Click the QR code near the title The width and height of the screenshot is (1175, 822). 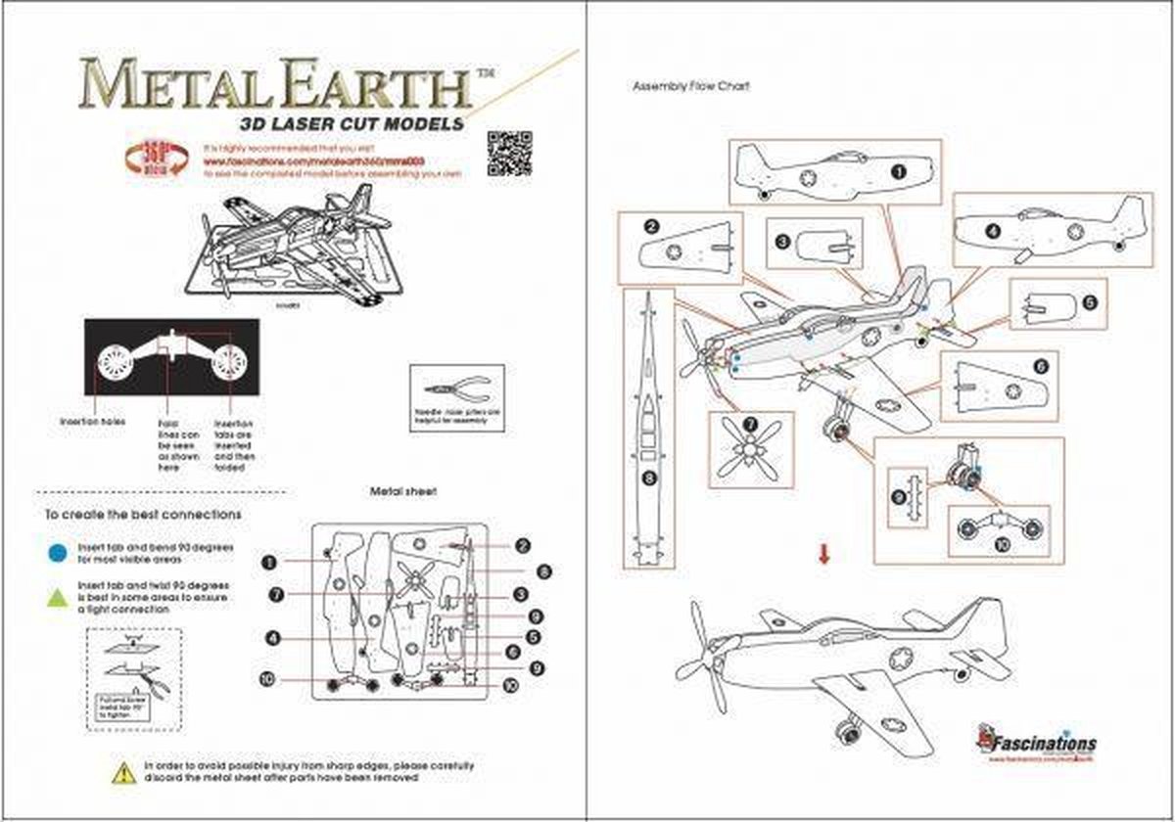pos(508,152)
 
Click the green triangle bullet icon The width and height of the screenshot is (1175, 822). pos(58,596)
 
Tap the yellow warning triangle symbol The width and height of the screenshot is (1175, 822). pos(122,772)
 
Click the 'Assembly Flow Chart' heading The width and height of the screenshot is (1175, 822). pos(691,86)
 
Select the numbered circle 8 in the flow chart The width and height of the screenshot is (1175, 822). pos(647,479)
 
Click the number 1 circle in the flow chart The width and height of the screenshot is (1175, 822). pos(899,169)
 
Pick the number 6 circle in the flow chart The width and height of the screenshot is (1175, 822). pos(1040,366)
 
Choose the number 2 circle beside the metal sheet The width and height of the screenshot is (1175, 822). pos(523,545)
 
